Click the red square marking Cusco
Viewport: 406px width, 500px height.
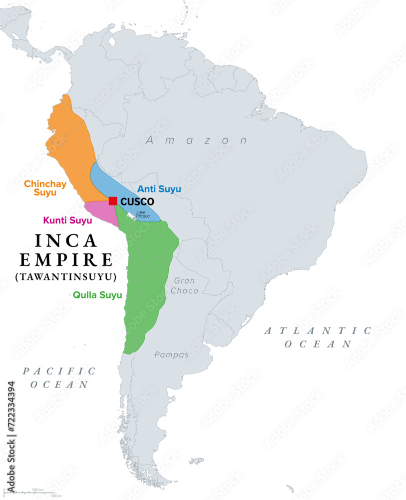[113, 201]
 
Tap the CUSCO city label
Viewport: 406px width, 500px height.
[137, 201]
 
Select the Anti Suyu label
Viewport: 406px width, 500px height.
[159, 189]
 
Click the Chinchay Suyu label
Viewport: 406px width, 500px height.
[45, 188]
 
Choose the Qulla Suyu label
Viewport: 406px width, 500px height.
[97, 295]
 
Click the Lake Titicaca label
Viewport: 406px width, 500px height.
[143, 214]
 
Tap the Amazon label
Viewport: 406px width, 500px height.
[196, 140]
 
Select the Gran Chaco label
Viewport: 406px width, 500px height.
[185, 285]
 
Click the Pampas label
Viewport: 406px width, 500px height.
[171, 354]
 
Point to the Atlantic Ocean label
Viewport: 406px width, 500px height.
[318, 337]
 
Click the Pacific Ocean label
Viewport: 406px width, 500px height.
[59, 377]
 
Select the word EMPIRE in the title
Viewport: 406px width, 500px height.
[67, 259]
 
